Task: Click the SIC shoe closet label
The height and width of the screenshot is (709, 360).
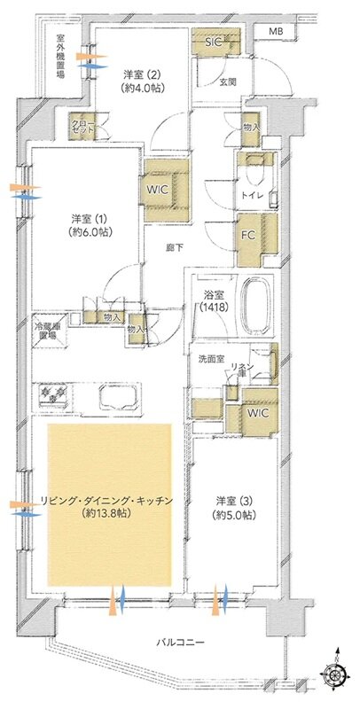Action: (214, 41)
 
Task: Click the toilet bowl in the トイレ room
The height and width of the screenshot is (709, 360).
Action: (256, 165)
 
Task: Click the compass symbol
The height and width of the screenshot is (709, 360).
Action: (336, 674)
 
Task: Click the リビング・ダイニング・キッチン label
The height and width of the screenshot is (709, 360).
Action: (111, 506)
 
